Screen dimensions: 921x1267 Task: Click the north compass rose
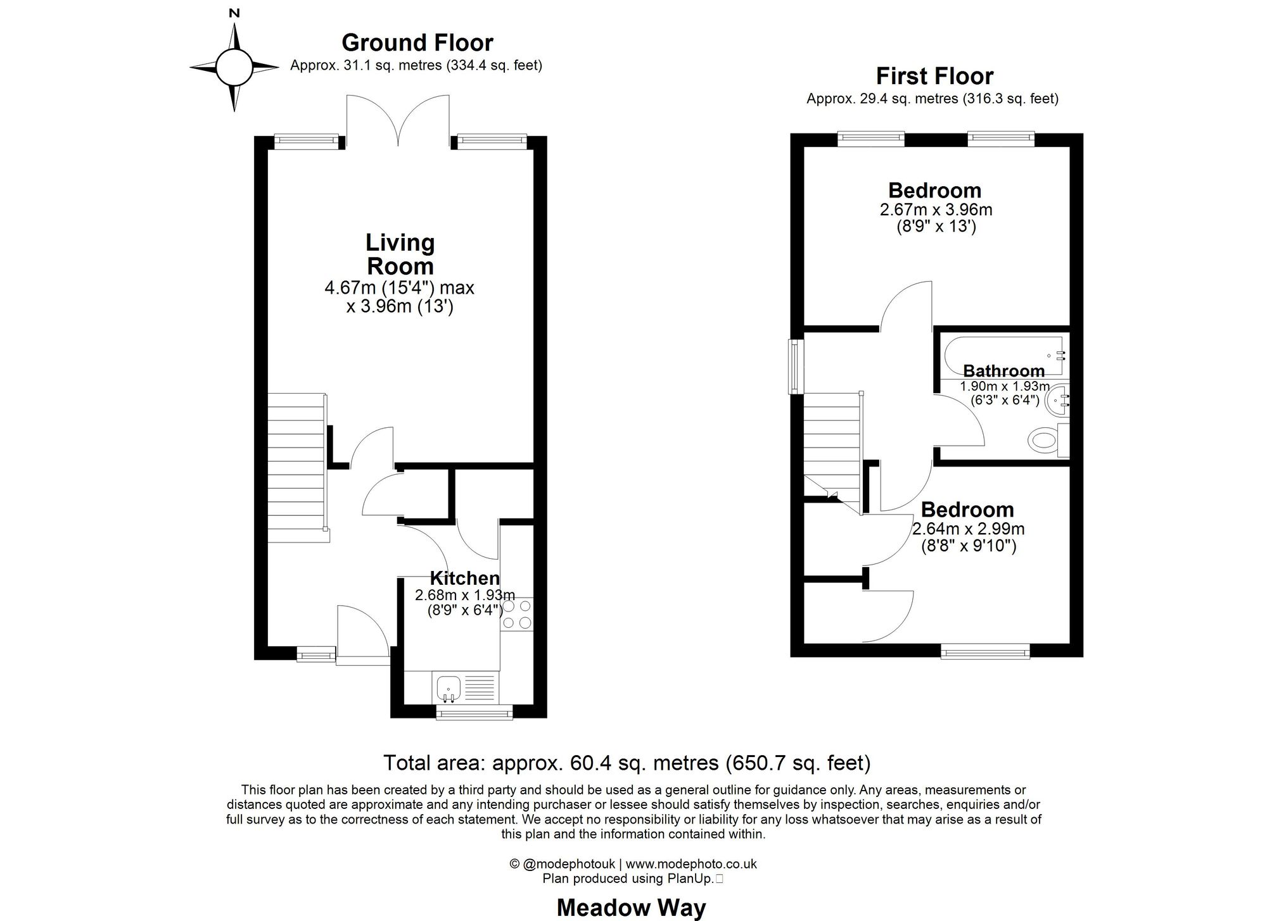click(x=234, y=66)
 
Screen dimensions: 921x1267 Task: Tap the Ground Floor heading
click(x=417, y=42)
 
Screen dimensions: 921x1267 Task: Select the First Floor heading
click(x=934, y=76)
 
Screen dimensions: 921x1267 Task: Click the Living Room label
click(x=400, y=254)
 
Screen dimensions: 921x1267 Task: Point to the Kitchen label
click(x=464, y=578)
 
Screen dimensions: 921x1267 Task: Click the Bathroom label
click(x=1003, y=371)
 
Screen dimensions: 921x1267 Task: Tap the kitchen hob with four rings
click(x=516, y=615)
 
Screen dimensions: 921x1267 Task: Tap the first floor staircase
click(x=832, y=443)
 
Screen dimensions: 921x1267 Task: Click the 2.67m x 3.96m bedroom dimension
click(x=936, y=210)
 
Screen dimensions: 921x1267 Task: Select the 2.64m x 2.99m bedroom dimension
click(x=968, y=529)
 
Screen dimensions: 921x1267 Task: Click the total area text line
click(x=627, y=762)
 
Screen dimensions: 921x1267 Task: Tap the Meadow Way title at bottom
click(x=631, y=908)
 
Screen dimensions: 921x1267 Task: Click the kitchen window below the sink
click(x=474, y=713)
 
